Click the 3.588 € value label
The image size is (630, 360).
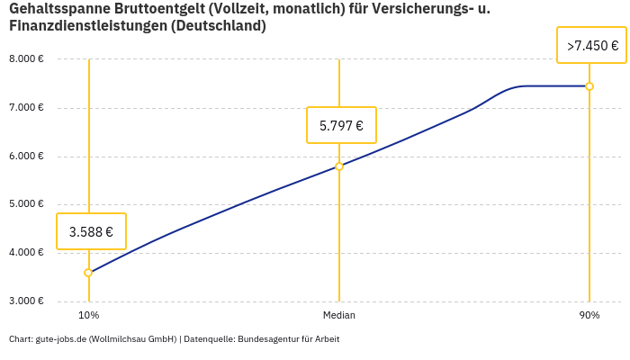pos(91,231)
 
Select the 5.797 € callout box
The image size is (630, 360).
pos(341,125)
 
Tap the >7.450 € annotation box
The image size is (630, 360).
pos(591,45)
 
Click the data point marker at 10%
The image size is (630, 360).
pos(88,273)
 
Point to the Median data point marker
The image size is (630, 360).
pos(339,166)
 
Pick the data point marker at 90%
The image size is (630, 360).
pos(589,86)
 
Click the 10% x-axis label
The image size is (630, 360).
pos(88,315)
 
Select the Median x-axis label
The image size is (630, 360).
pos(339,315)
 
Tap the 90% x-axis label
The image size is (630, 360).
pos(589,315)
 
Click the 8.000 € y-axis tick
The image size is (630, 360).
pos(26,59)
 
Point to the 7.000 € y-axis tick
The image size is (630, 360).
pos(26,108)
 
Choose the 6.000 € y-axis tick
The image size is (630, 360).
pos(26,157)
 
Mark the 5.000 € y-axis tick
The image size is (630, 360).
pos(26,204)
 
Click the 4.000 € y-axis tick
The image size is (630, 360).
pos(26,253)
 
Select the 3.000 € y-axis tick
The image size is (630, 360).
pos(26,301)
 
